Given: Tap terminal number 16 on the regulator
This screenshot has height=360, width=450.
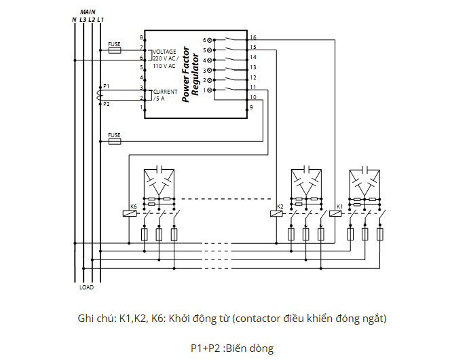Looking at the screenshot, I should pyautogui.click(x=252, y=37).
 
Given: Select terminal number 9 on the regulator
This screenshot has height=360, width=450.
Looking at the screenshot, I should pyautogui.click(x=250, y=107).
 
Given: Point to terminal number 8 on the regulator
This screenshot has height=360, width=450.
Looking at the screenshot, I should pyautogui.click(x=141, y=37).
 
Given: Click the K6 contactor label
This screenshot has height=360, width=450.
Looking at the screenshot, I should pyautogui.click(x=133, y=206).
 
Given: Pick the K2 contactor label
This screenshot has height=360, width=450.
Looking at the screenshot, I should pyautogui.click(x=280, y=206).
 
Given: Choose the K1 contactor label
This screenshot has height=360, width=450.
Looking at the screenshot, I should pyautogui.click(x=339, y=206).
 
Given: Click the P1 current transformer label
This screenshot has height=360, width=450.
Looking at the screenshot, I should pyautogui.click(x=105, y=87).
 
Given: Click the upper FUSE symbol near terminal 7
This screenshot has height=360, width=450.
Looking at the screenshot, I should pyautogui.click(x=115, y=50).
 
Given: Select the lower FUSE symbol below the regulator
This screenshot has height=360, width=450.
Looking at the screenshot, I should pyautogui.click(x=115, y=141).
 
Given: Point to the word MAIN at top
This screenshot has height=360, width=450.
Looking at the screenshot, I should pyautogui.click(x=88, y=12).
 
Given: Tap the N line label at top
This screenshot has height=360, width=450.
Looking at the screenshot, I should pyautogui.click(x=74, y=20).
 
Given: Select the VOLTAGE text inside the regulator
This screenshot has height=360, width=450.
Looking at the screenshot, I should pyautogui.click(x=164, y=52).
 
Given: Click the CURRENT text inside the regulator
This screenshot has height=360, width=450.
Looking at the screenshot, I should pyautogui.click(x=166, y=91).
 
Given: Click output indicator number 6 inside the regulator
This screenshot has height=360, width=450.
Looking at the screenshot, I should pyautogui.click(x=206, y=40).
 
